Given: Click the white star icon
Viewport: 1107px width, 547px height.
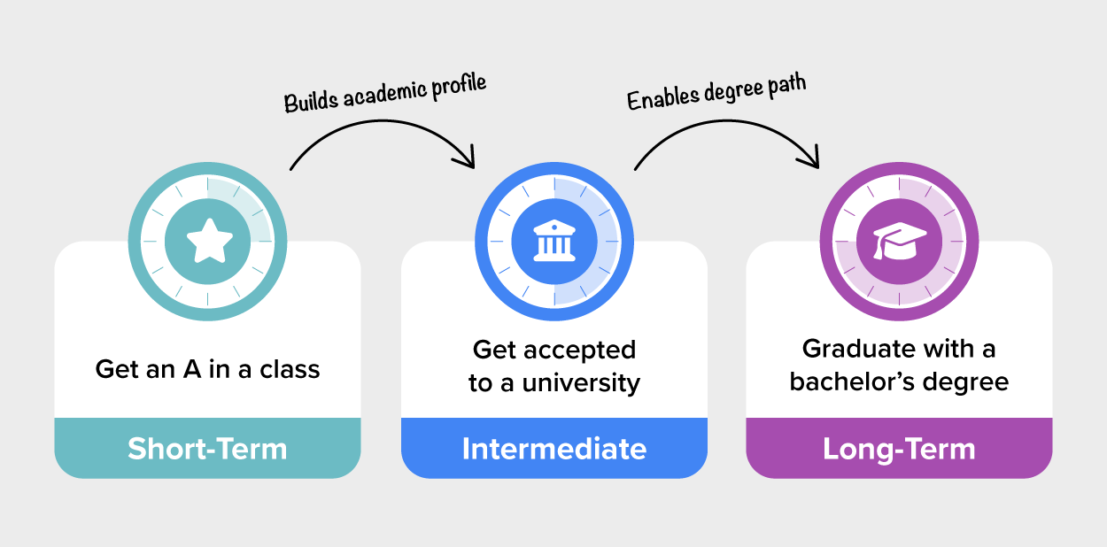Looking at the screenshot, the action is [x=210, y=241].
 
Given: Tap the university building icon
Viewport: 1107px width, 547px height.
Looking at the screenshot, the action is [x=554, y=241].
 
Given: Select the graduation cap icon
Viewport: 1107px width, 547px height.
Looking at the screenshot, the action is [x=900, y=241].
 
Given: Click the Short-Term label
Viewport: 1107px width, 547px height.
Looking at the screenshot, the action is [x=207, y=449].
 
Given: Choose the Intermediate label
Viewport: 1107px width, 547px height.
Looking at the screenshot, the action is [x=554, y=449].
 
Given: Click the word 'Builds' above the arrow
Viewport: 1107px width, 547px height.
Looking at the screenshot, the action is [x=311, y=101].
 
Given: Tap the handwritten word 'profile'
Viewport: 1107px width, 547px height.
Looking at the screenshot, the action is [x=459, y=85].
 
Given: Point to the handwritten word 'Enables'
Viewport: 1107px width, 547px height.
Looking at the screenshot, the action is [x=662, y=97].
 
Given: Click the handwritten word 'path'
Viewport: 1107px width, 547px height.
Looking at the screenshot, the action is [x=786, y=84].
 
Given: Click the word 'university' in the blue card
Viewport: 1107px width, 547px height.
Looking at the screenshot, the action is [x=581, y=383].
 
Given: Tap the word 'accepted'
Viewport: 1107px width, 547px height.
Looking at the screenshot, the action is [x=580, y=351].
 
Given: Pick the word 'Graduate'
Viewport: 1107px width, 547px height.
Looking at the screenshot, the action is [x=860, y=349].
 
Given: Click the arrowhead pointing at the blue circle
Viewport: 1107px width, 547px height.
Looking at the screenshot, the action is [x=466, y=159].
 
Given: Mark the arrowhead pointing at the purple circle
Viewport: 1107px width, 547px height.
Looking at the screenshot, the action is [x=810, y=159].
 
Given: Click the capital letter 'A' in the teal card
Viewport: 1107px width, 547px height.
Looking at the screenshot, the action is [x=192, y=369].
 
